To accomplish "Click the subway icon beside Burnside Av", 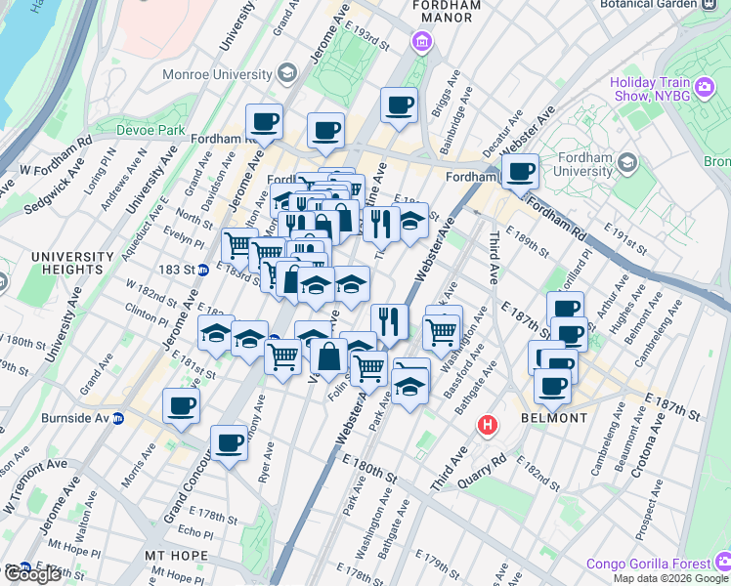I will (x=118, y=419).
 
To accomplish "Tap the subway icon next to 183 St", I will (x=202, y=270).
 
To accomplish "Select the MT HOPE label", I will (x=177, y=556).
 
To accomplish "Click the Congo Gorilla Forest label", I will (x=649, y=564).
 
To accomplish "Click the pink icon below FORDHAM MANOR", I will (x=421, y=42).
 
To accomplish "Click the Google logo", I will (x=32, y=574).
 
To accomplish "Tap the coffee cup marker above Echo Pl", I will (x=229, y=443).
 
